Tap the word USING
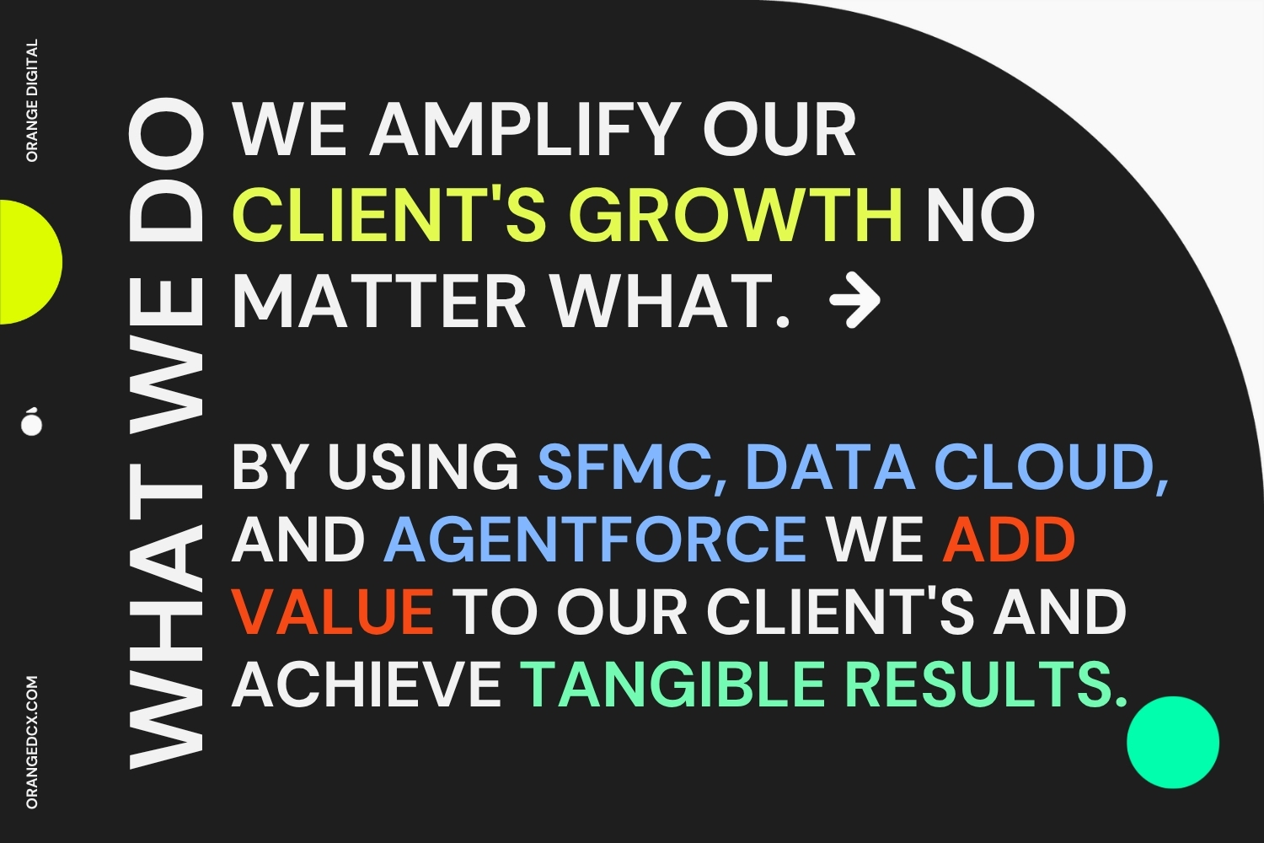[x=423, y=468]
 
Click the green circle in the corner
[x=1173, y=742]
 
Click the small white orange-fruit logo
[x=32, y=421]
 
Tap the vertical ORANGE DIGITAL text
[x=32, y=100]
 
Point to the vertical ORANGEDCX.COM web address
[x=32, y=742]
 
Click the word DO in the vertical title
[x=166, y=175]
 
